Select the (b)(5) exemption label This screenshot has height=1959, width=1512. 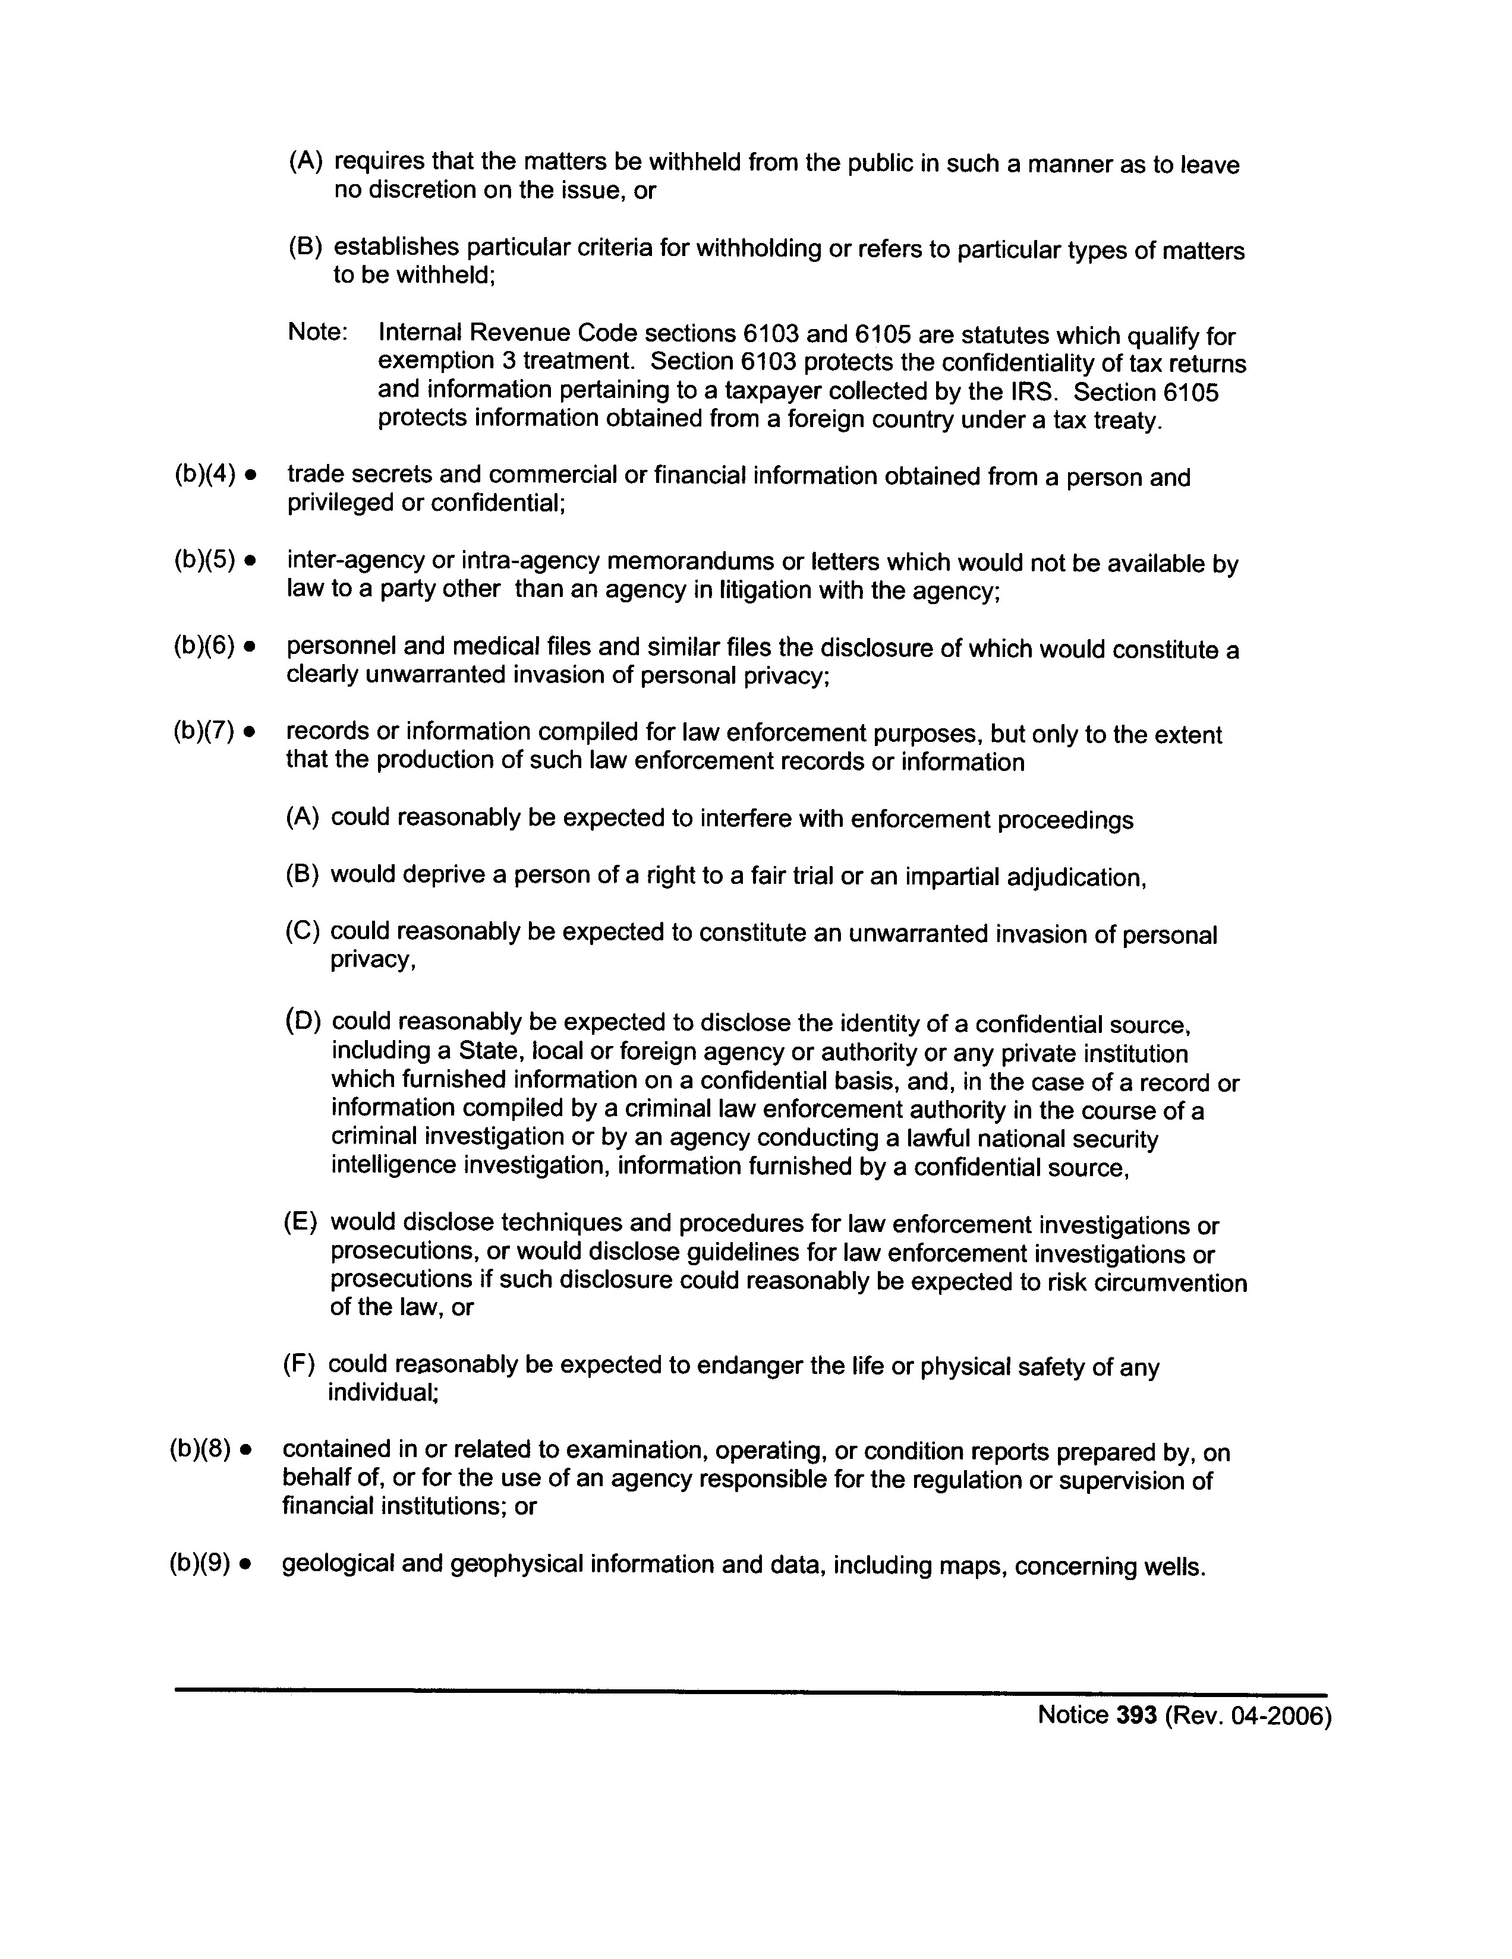coord(204,561)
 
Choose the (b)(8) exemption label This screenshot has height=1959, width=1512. coord(199,1449)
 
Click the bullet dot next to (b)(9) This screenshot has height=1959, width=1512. coord(245,1565)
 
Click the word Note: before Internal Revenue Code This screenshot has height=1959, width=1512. coord(317,333)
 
